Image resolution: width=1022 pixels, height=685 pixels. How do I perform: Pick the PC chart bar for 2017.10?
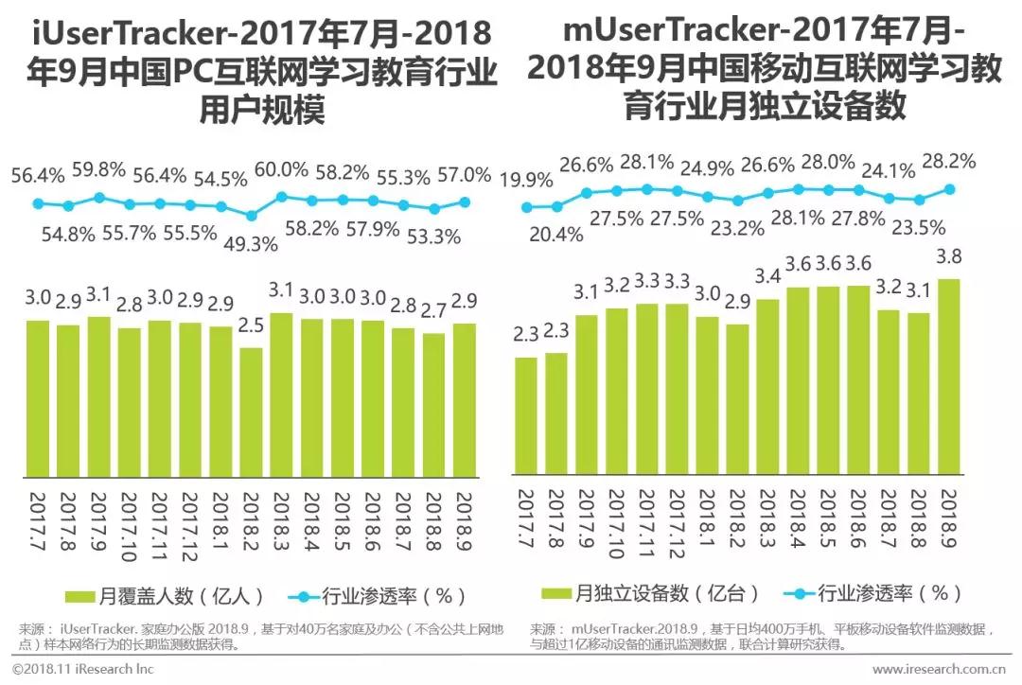tap(129, 402)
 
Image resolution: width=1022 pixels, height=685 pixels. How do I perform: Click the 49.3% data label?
tap(250, 243)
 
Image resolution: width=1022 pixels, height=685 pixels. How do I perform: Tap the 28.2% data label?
tap(949, 162)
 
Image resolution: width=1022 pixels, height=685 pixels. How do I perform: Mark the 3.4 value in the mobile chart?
tap(767, 277)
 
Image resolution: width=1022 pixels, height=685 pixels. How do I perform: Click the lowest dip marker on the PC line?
tap(251, 214)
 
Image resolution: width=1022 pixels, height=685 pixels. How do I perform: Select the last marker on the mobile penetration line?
tap(949, 188)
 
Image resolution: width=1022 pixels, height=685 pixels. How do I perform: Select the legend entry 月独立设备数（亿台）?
tap(653, 593)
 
